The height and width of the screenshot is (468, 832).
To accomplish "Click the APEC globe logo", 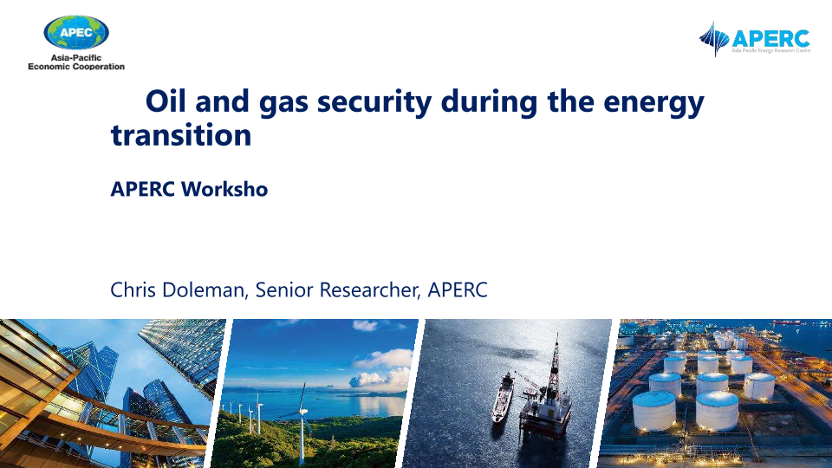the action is tap(76, 33).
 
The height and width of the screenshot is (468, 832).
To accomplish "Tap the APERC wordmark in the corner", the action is tap(770, 39).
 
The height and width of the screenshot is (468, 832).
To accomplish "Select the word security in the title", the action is tap(374, 102).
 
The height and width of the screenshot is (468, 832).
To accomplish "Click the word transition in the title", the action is tap(181, 134).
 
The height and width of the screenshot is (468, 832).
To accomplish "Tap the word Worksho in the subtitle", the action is tap(224, 189).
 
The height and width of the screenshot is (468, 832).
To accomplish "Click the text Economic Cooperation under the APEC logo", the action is tap(76, 67).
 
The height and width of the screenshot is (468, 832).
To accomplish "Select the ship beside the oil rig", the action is tap(502, 397).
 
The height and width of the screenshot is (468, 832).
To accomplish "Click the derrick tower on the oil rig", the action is tap(555, 361).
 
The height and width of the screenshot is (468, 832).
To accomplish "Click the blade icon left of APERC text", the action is tap(714, 39).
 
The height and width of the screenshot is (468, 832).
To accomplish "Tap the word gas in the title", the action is tap(284, 103).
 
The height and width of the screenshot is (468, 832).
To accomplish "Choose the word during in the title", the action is tap(489, 102).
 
